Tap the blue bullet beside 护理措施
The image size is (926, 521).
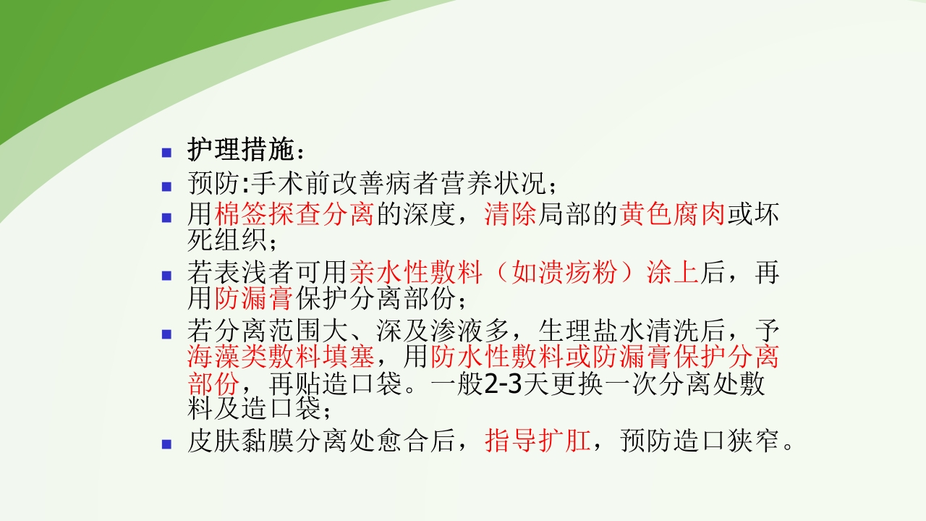(167, 153)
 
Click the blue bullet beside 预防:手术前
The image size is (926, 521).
(167, 186)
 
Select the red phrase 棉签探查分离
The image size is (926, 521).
(294, 215)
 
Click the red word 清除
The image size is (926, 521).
(511, 215)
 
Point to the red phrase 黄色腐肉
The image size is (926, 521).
(673, 215)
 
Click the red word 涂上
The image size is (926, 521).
(673, 274)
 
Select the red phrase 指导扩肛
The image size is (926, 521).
(538, 441)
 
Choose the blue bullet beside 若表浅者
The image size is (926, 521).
(167, 276)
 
